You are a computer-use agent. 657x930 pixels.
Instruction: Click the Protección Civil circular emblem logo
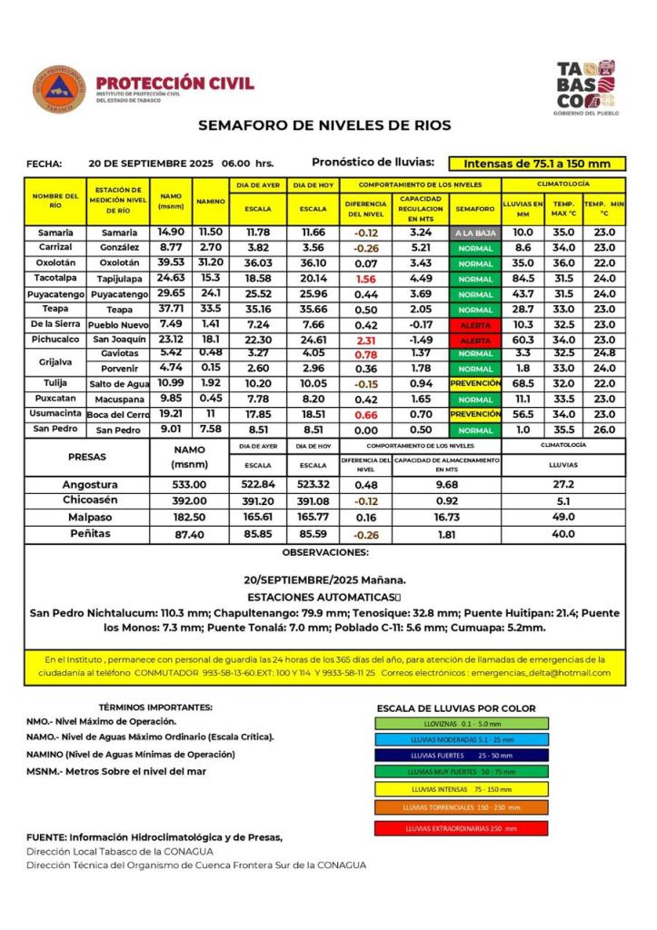pos(59,89)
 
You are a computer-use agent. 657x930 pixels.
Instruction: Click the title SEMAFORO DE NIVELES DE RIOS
pos(324,125)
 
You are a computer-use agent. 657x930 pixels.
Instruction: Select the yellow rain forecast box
pos(537,163)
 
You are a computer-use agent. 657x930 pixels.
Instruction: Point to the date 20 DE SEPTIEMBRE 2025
pos(151,163)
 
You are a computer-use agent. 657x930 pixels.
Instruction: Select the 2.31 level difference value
pos(366,339)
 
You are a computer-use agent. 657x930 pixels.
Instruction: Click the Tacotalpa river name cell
pos(55,278)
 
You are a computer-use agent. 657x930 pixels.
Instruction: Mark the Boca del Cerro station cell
pos(117,413)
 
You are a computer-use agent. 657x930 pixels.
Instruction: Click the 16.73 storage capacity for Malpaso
pos(446,517)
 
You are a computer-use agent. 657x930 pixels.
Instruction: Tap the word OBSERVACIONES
pos(324,551)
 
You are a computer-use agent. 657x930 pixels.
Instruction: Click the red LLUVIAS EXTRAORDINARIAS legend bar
pos(461,828)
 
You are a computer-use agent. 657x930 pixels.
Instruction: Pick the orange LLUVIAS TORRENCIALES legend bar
pos(461,806)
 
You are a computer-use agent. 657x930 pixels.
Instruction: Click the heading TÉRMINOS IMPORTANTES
pos(154,707)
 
